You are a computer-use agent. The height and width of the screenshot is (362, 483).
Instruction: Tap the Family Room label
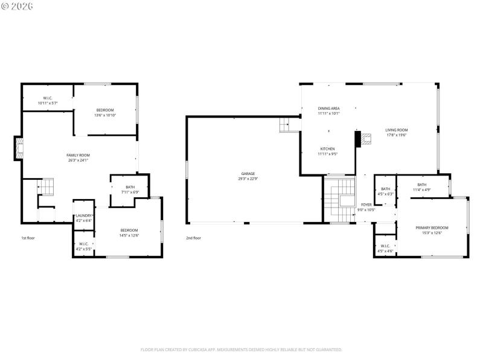(78, 157)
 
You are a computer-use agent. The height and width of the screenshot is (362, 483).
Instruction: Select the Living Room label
(397, 132)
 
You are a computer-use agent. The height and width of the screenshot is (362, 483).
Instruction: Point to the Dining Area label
(329, 110)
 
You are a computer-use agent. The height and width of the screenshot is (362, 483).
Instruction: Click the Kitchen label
(327, 151)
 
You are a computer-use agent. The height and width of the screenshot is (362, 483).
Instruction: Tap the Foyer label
(366, 207)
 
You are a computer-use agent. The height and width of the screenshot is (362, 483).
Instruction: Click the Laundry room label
(83, 218)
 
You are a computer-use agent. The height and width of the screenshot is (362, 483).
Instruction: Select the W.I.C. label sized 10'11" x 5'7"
(48, 100)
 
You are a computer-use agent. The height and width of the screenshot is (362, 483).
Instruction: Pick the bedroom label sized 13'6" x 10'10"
(105, 112)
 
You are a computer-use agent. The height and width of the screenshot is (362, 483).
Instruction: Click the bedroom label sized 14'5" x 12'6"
(129, 232)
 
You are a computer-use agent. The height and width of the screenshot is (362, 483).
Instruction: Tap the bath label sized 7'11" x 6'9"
(130, 189)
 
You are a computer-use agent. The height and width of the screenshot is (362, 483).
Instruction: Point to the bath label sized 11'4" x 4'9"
(421, 187)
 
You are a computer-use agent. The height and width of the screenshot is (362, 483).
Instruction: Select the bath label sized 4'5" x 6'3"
(385, 191)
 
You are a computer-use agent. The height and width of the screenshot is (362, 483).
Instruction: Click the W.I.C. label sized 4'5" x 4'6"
(385, 248)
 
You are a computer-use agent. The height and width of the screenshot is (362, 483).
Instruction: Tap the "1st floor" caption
(28, 238)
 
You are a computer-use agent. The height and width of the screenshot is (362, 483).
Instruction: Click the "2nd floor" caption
(193, 238)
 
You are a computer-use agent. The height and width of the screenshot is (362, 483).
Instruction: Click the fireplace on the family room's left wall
(19, 148)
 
